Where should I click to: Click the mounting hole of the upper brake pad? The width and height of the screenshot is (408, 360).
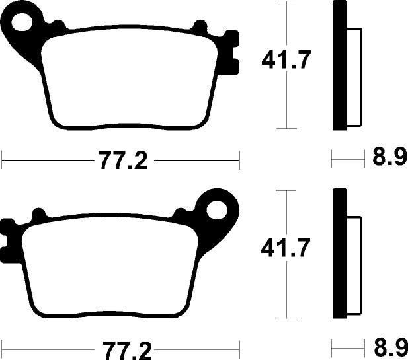click(22, 22)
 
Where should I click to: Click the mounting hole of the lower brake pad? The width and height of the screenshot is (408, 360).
click(217, 210)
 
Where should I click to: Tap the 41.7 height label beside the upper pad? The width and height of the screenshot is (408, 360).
click(286, 60)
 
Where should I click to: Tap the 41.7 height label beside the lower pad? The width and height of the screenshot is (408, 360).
click(286, 248)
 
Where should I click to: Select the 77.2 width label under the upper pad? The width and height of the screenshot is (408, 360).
click(124, 160)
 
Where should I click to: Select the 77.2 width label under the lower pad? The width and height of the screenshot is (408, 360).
click(126, 350)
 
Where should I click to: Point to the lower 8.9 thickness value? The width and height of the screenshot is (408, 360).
click(389, 347)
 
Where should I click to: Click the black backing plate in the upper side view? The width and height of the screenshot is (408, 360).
click(340, 65)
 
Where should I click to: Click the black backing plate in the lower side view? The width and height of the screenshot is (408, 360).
click(340, 254)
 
